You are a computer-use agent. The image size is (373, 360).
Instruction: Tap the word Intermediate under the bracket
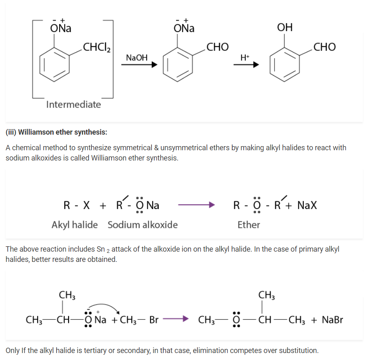pos(73,104)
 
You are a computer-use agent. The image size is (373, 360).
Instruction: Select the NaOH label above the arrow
pos(137,58)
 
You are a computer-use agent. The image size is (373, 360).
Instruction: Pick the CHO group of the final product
pos(324,47)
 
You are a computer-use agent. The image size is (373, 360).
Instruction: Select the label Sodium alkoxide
pos(142,225)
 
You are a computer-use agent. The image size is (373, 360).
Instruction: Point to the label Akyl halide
pos(74,225)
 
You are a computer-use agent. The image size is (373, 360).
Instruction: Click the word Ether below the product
pos(249,225)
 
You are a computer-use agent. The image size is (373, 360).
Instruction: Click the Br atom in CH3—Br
pos(154,320)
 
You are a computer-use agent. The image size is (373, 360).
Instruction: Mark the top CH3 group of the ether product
pos(267,295)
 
